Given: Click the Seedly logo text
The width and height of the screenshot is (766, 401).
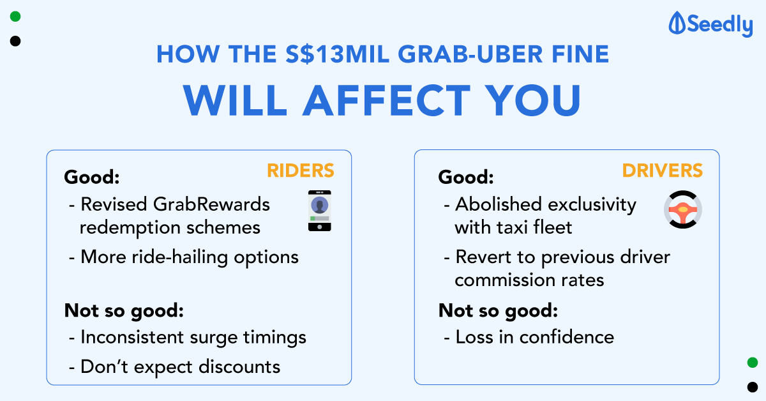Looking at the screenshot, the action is tap(720, 25).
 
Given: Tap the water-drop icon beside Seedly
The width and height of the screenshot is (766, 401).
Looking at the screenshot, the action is tap(677, 23).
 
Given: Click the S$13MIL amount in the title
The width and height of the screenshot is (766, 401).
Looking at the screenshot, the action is tap(338, 54).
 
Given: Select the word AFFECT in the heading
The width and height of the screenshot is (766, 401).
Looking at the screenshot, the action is tap(387, 100).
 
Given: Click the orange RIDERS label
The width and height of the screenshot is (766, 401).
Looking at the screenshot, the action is tap(300, 170).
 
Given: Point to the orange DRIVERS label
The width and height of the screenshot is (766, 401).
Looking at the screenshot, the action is tap(663, 170).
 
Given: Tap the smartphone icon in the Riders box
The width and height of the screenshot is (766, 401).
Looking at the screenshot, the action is tap(320, 211).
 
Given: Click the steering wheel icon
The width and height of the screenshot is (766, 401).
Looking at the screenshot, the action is tap(683, 209).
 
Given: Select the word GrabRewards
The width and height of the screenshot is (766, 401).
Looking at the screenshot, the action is tap(211, 204).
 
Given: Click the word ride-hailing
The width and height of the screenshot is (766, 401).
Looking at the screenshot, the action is tap(180, 257).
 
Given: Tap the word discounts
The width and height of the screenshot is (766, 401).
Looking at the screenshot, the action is tap(239, 367).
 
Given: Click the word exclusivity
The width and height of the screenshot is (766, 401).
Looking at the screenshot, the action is tap(592, 205).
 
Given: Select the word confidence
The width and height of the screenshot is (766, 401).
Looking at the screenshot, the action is tap(567, 337).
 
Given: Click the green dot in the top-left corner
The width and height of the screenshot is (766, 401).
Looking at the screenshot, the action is tap(15, 17).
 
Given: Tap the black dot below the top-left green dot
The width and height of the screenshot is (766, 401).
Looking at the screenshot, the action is tap(15, 41).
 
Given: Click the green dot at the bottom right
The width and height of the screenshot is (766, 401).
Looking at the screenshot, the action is tap(753, 362).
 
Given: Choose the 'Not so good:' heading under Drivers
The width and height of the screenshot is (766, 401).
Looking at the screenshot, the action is tap(499, 311).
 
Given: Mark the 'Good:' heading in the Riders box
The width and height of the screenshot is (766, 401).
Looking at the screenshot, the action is tap(92, 178).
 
